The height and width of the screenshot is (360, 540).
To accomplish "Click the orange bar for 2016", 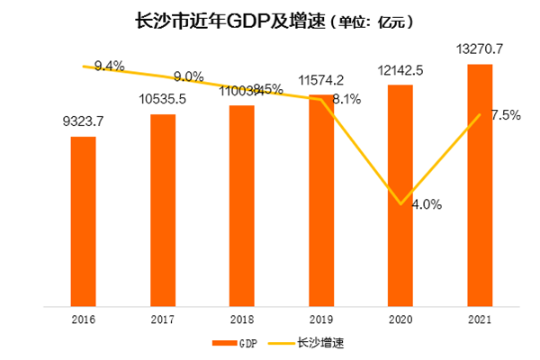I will click(x=83, y=220).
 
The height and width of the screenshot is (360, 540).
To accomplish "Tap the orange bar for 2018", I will click(x=242, y=205).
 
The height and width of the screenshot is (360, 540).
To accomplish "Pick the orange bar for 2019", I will click(x=321, y=200).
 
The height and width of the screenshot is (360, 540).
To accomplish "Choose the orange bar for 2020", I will click(x=400, y=194).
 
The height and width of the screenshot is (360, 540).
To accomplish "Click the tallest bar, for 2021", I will click(x=481, y=184).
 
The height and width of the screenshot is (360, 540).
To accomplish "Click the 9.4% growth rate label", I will click(x=108, y=64).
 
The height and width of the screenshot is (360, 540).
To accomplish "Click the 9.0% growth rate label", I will click(x=188, y=76).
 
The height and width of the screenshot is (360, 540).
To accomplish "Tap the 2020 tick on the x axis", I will click(x=400, y=318).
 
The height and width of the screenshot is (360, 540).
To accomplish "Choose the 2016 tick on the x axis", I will click(x=83, y=318).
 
